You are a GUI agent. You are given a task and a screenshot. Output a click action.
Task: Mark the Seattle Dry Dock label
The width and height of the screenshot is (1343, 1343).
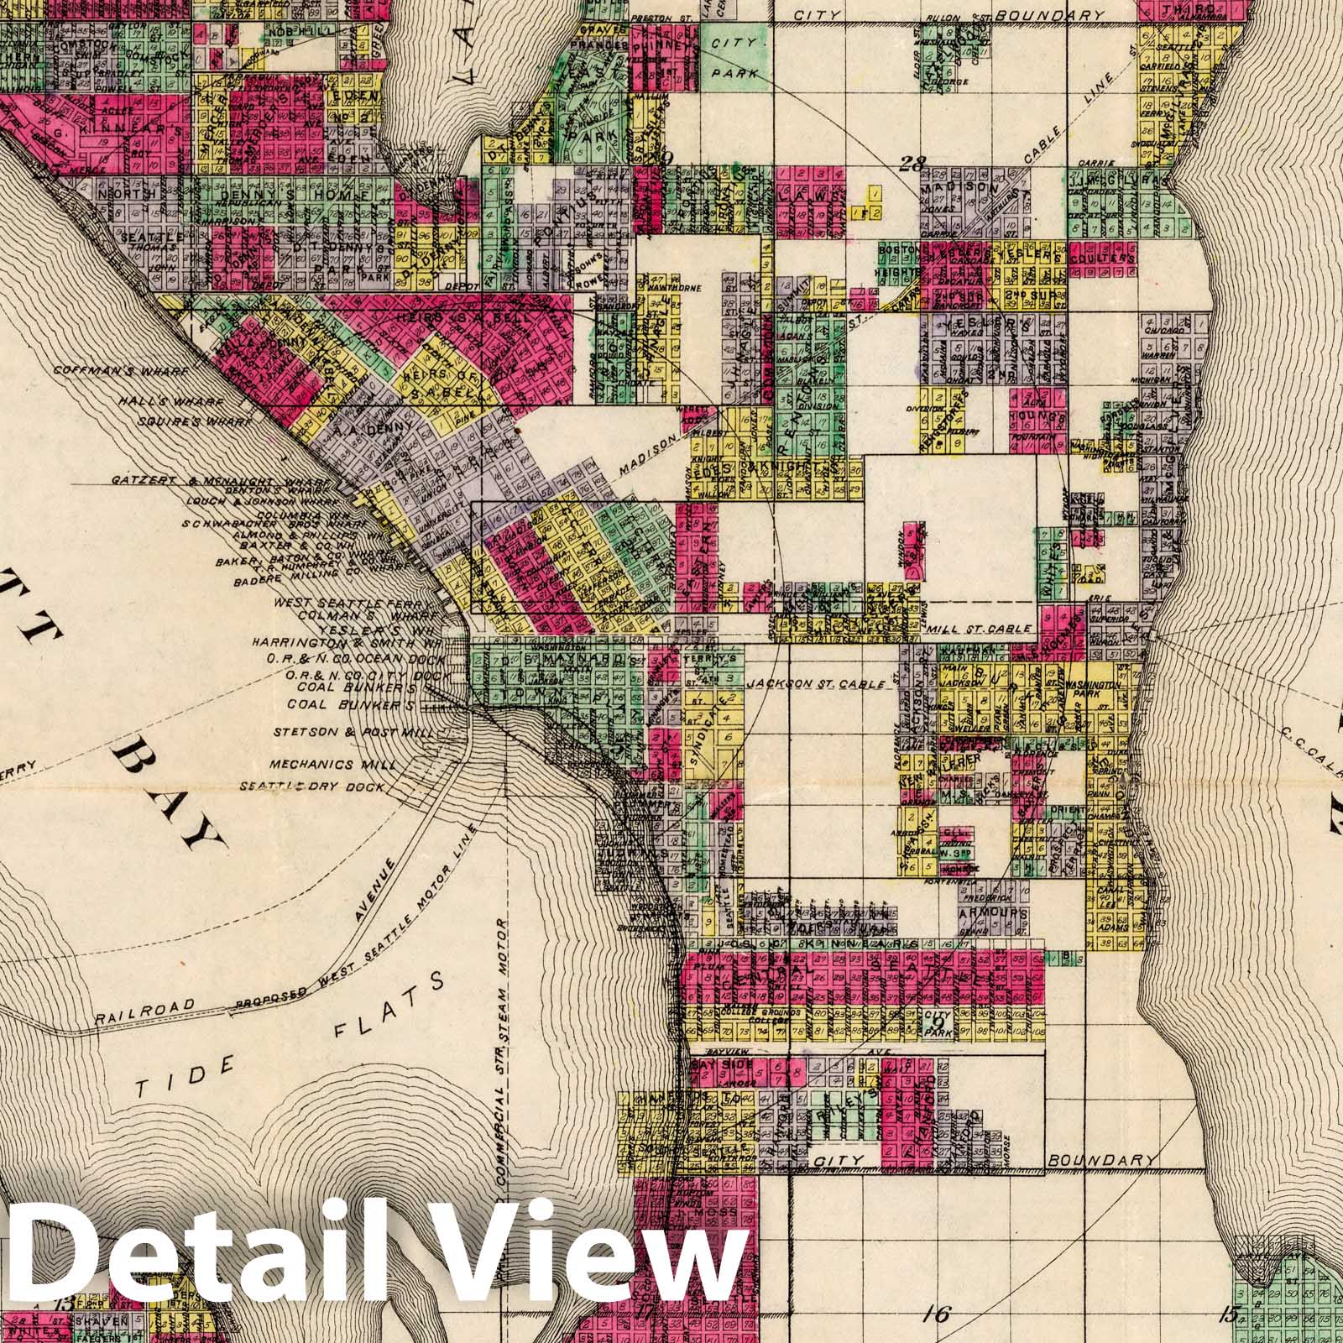tap(313, 787)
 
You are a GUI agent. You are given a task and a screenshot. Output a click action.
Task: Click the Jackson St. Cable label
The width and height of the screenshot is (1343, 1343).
tap(817, 684)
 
